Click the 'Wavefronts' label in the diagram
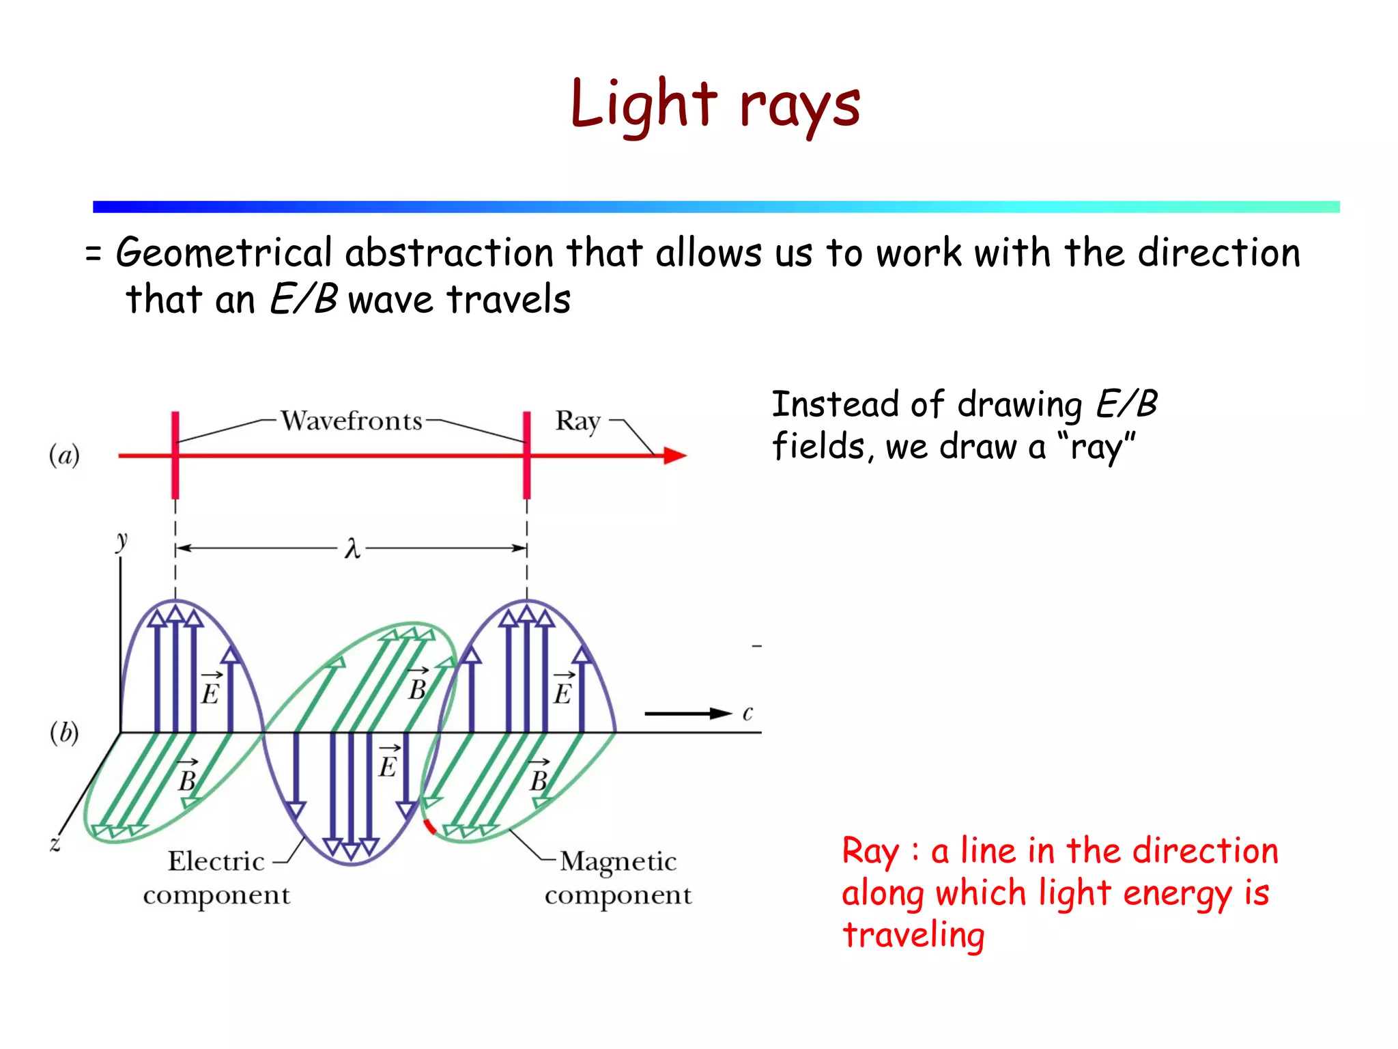pos(352,421)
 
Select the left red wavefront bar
pos(175,455)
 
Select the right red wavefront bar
pos(527,455)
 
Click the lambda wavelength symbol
pos(352,548)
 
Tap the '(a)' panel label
pos(64,455)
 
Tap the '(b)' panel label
pos(64,733)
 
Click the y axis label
pos(122,540)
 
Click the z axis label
pos(55,844)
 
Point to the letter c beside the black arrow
pos(747,714)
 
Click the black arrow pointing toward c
pos(686,714)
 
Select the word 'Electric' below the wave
pos(216,861)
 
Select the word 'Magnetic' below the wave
pos(618,862)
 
